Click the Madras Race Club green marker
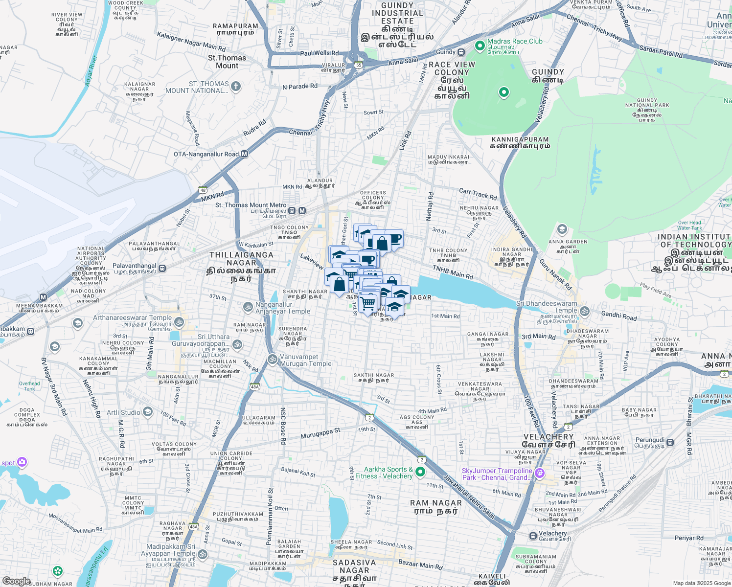[480, 46]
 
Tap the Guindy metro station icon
[461, 52]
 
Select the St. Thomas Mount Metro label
[251, 205]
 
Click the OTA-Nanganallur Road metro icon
[244, 154]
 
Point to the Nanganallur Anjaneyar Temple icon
[248, 307]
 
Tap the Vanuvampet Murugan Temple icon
[273, 359]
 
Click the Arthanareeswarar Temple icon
[179, 321]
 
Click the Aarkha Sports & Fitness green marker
[420, 472]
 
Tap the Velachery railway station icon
[533, 536]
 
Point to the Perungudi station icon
[670, 442]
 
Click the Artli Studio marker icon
[148, 412]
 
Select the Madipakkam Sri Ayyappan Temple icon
[202, 554]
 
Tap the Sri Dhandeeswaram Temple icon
[584, 311]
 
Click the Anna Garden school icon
[562, 229]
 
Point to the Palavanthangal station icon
[162, 269]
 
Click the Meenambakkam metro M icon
[44, 297]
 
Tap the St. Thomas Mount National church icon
[236, 87]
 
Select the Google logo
[16, 581]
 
